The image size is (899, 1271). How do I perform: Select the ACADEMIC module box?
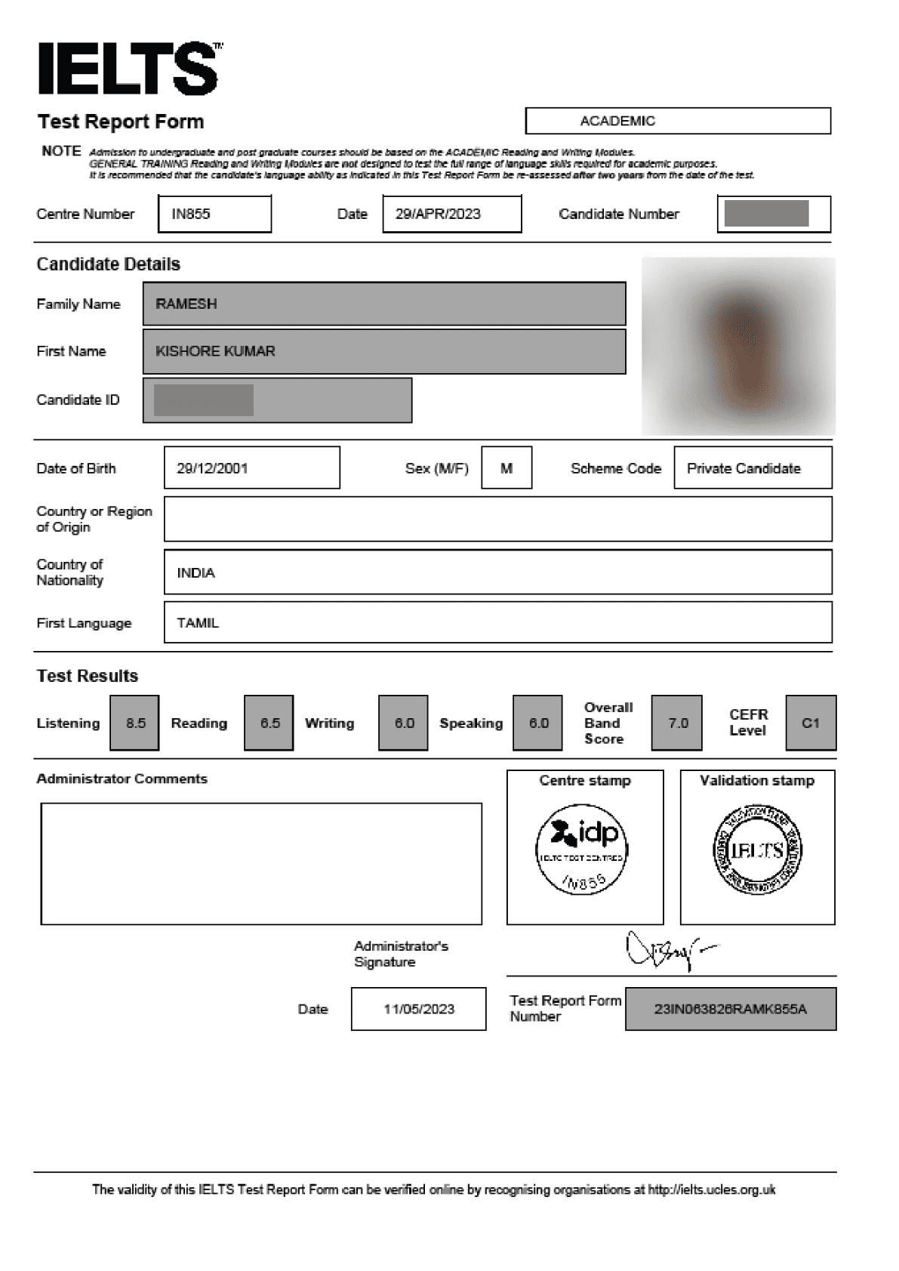point(677,121)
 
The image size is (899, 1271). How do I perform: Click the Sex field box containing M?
point(506,468)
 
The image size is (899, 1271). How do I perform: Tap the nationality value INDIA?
point(196,573)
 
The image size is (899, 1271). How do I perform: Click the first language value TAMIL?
point(198,623)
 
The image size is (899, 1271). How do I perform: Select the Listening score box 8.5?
point(135,723)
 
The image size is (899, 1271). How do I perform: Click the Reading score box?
point(269,723)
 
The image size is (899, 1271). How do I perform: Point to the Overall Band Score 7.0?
point(677,723)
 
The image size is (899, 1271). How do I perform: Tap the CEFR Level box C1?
point(811,723)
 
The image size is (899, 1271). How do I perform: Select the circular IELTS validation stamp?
point(757,850)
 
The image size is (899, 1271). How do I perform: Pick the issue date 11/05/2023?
point(419,1009)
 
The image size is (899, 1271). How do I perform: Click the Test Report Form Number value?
point(730,1009)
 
